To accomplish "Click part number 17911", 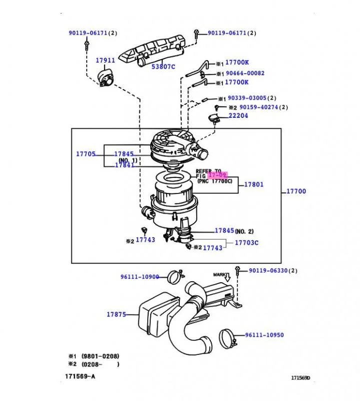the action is click(105, 60).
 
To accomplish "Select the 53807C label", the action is click(163, 67).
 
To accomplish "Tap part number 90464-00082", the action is click(245, 73).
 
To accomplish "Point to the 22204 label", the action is click(238, 116).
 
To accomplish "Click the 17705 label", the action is click(86, 154).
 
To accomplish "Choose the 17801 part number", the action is click(254, 184).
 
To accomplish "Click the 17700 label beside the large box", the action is click(296, 191).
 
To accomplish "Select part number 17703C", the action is click(246, 243).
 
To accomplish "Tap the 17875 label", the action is click(116, 314).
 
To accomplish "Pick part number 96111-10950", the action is click(264, 335).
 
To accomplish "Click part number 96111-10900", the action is click(140, 277).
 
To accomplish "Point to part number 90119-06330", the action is click(268, 271).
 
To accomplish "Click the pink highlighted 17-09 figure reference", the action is click(217, 175).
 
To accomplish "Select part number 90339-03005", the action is click(247, 98).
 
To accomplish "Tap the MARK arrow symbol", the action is click(227, 277).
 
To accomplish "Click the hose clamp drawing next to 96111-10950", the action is click(227, 339).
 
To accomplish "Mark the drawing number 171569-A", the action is click(80, 376).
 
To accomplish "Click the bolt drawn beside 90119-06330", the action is click(238, 271).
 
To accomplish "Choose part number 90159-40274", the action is click(258, 107).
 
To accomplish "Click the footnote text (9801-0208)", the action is click(100, 356).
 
